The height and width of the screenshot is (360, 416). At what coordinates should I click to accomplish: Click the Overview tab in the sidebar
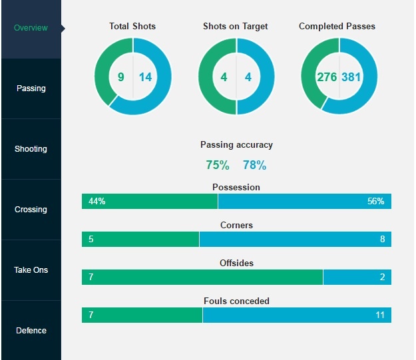tap(31, 28)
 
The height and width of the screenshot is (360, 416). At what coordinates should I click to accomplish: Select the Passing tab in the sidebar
tap(31, 89)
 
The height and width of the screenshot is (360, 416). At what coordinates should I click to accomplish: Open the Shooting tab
tap(31, 149)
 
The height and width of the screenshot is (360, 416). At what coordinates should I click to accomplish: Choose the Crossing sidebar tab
tap(31, 210)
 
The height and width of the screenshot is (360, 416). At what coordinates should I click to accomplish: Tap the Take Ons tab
tap(31, 270)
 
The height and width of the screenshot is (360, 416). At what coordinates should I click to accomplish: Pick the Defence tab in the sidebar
tap(31, 331)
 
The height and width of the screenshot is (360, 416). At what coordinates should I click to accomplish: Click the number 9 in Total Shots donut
tap(120, 77)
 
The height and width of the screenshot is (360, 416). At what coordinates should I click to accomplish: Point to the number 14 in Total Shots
tap(145, 77)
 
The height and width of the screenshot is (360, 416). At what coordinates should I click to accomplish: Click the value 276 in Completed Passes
tap(327, 77)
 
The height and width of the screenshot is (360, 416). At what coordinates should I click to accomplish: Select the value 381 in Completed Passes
tap(351, 77)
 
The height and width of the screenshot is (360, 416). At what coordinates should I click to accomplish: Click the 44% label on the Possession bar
tap(97, 202)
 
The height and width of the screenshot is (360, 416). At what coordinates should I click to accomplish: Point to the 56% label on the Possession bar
tap(375, 202)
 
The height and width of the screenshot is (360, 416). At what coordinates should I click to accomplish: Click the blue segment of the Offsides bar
tap(357, 277)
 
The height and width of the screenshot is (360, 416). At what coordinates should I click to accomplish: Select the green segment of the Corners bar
tap(140, 239)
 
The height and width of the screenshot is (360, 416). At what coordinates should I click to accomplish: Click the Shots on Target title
tap(236, 27)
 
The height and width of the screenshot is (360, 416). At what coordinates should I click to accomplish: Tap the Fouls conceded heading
tap(236, 301)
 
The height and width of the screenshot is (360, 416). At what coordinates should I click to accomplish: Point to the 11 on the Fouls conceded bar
tap(380, 315)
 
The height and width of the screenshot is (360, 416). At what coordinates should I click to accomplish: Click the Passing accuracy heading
tap(236, 144)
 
